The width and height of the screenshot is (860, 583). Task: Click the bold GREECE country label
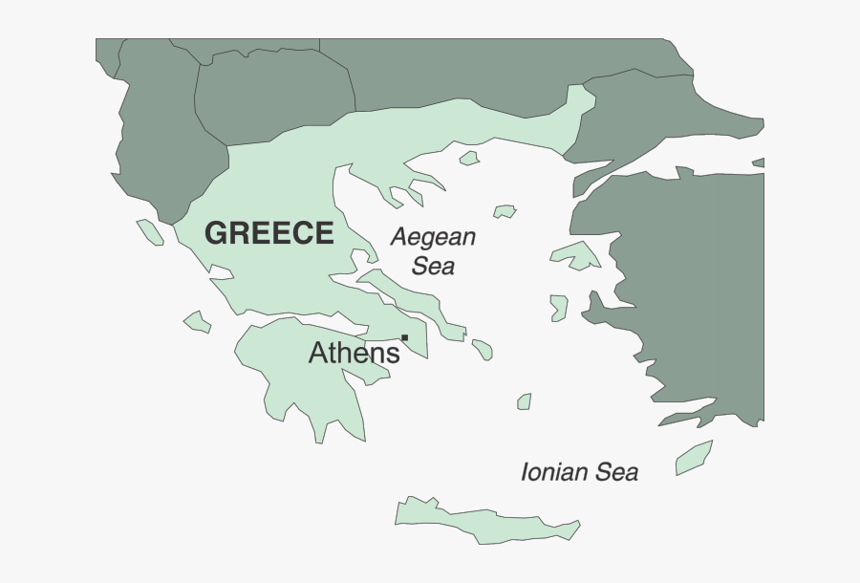(269, 233)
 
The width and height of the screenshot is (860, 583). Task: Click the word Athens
(353, 354)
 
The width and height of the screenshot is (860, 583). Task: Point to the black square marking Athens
(405, 337)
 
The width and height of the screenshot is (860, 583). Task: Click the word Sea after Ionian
(616, 471)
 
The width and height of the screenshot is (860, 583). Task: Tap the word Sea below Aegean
(433, 266)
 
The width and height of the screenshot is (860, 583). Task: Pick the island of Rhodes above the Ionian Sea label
(694, 458)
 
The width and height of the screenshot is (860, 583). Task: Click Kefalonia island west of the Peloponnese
(198, 321)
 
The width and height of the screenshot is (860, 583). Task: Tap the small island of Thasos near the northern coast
(468, 158)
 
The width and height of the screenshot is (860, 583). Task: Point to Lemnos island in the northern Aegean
(505, 211)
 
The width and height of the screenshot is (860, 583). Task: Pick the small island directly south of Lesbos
(559, 307)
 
